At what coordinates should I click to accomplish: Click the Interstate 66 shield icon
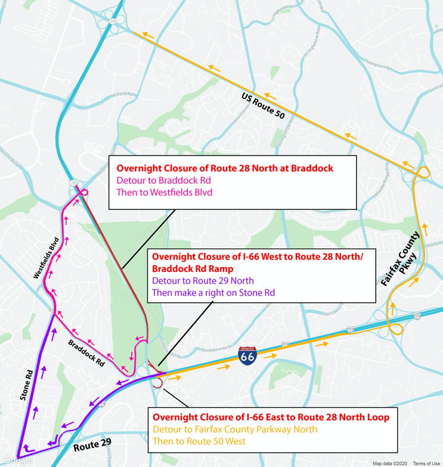tap(247, 357)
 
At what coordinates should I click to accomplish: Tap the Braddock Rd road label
tap(86, 352)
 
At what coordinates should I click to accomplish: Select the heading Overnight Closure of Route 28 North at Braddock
tap(224, 168)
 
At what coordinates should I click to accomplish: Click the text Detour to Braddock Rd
tap(164, 180)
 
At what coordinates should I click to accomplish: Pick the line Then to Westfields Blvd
tap(165, 192)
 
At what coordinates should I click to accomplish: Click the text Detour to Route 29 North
tap(203, 280)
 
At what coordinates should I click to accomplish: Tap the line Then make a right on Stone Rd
tap(213, 292)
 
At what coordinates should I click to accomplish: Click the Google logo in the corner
tap(17, 460)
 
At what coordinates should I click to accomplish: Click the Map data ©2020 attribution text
tap(389, 463)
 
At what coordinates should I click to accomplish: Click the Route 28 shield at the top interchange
tap(112, 20)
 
